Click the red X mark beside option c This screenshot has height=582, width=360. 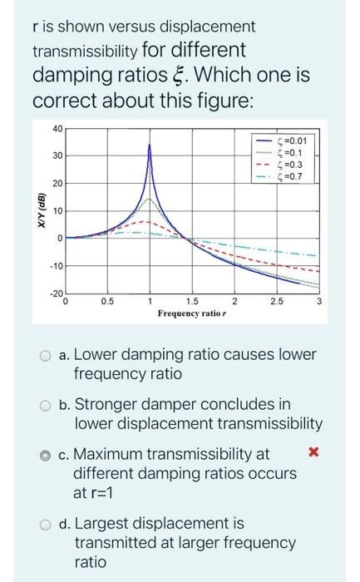click(313, 453)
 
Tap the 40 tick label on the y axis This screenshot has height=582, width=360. click(56, 128)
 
